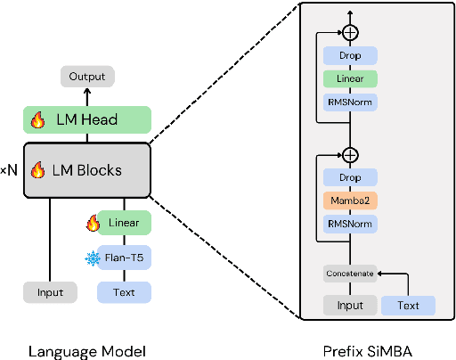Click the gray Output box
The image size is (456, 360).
click(86, 77)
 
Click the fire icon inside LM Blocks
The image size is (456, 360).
click(37, 170)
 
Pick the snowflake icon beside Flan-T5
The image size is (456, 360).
click(92, 258)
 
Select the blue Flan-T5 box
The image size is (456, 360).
click(124, 258)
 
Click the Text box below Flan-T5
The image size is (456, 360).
click(124, 292)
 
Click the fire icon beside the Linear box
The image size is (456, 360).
click(92, 223)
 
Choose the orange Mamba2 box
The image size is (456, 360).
click(350, 200)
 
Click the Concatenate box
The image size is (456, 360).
click(349, 273)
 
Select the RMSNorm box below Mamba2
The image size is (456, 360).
click(350, 224)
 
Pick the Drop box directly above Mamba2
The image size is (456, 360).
click(350, 177)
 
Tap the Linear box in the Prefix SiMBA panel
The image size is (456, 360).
click(350, 79)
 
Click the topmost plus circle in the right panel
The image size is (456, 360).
click(350, 31)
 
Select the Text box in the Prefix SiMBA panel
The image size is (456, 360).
click(408, 306)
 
